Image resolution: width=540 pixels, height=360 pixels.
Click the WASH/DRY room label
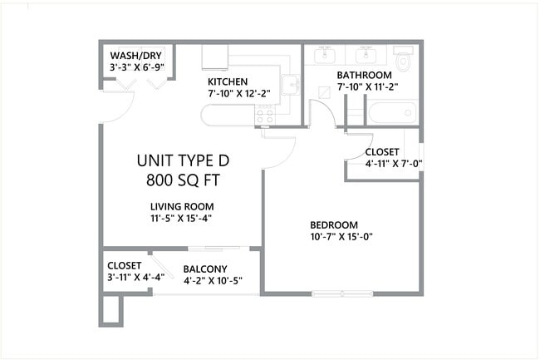pos(135,56)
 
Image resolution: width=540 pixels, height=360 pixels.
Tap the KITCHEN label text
pos(228,81)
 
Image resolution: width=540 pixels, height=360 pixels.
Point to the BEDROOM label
pos(333,224)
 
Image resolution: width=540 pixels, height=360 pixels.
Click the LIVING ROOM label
pos(182,206)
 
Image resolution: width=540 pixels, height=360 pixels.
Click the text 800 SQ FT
pos(183,179)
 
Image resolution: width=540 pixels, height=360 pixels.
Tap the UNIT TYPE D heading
pos(183,160)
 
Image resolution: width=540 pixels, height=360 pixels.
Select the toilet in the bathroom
pos(404,58)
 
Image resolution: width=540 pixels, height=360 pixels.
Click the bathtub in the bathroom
pos(391,111)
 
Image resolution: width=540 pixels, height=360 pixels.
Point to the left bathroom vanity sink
pos(324,55)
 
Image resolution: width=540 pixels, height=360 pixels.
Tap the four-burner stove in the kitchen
pos(265,116)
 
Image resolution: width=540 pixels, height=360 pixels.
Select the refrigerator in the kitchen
pos(215,56)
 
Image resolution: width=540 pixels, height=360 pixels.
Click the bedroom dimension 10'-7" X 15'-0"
pos(341,237)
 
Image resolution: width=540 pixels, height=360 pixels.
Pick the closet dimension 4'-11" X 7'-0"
pos(394,165)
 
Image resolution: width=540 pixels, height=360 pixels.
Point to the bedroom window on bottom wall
pos(341,293)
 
